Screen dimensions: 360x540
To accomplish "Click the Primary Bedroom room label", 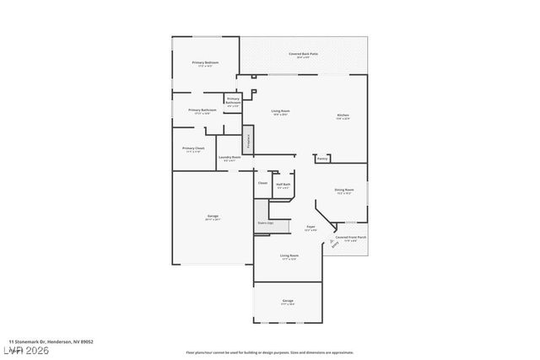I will tap(205, 63).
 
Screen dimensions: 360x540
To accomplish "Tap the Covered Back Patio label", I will tap(303, 55).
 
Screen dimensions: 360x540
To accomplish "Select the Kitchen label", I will tap(343, 116).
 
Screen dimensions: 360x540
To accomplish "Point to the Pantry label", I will tap(322, 158).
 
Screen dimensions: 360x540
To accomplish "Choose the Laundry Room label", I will tap(229, 158).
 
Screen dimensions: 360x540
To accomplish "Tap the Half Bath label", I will tap(283, 184).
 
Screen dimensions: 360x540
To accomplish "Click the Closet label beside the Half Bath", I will tap(262, 182).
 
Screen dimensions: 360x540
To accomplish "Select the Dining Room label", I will tap(343, 191).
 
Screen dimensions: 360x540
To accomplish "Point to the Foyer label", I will tap(310, 226).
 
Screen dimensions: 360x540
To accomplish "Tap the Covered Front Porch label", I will tap(350, 238).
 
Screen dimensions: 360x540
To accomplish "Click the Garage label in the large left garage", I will tap(213, 217).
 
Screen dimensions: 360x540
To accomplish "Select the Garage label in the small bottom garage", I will tap(288, 301).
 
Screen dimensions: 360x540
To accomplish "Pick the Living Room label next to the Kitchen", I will tap(280, 111).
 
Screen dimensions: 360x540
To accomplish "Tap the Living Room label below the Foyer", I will tap(289, 255).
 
